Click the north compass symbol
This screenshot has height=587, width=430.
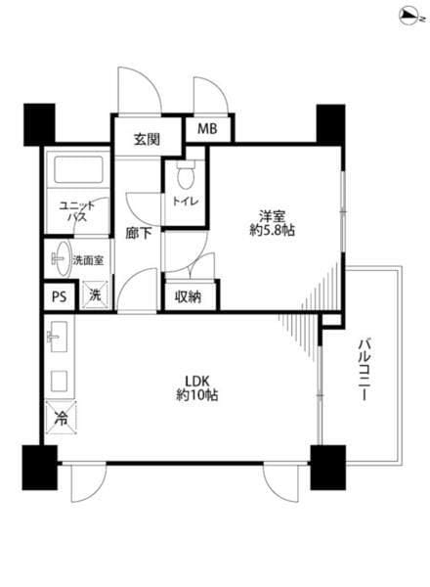(411, 17)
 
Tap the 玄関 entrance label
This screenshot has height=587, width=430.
(147, 140)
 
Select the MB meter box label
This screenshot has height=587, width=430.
(207, 129)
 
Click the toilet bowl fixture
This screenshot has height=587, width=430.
(186, 175)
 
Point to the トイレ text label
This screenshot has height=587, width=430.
(185, 201)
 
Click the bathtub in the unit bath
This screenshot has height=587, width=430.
(78, 169)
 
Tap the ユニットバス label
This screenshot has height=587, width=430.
(77, 211)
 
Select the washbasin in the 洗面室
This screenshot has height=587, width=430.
(61, 258)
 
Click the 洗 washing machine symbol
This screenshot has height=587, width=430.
(95, 295)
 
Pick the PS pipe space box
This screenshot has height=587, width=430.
(59, 296)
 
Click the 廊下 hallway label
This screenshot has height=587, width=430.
(138, 234)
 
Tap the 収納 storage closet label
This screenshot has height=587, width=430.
(189, 296)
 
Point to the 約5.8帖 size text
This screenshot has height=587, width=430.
(272, 230)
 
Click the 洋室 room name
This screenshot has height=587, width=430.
(273, 216)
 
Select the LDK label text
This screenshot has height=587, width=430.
(197, 382)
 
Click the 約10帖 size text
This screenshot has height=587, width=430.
(197, 395)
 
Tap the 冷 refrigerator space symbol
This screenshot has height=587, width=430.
(61, 418)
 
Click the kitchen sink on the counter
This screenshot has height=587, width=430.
(59, 337)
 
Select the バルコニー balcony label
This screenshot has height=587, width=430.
(365, 370)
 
